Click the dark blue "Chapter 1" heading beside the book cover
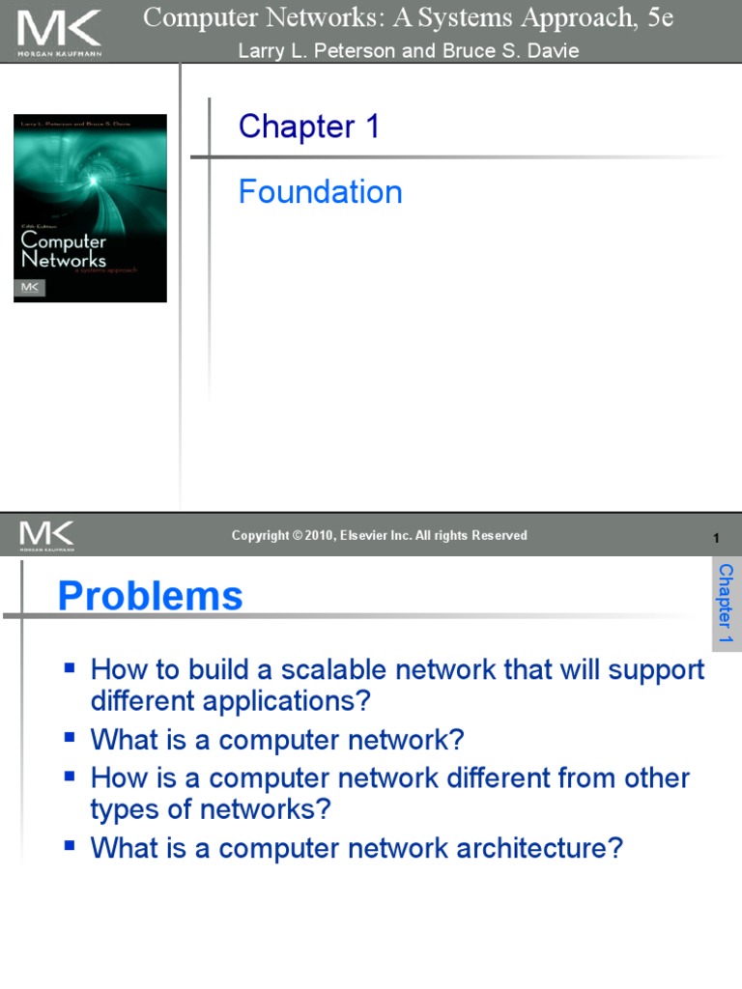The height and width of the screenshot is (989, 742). pos(309,127)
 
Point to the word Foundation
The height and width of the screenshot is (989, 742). pos(320,192)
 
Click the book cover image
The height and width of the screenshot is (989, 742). pos(90,208)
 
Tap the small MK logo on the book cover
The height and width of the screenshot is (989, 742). pos(30,288)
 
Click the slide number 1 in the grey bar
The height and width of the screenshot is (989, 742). pos(716,538)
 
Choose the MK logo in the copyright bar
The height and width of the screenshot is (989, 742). pos(45,535)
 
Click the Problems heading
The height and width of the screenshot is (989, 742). pos(150,596)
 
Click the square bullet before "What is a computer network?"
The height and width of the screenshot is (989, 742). pos(69,738)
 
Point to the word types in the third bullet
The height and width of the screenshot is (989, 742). pos(124,809)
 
